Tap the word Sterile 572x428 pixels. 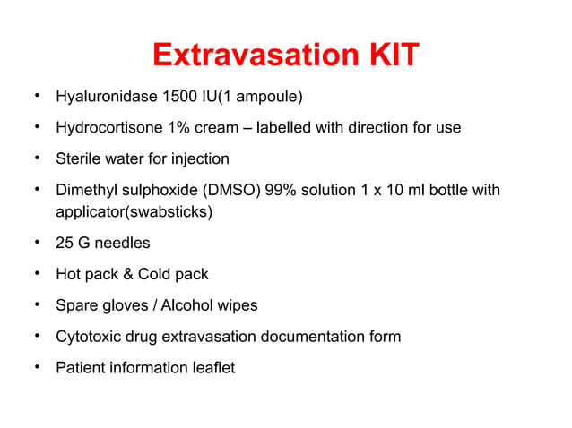79,158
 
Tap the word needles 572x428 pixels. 126,244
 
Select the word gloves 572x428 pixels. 122,305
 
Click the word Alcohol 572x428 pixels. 189,305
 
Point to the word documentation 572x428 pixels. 309,337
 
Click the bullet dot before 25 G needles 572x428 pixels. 34,242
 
